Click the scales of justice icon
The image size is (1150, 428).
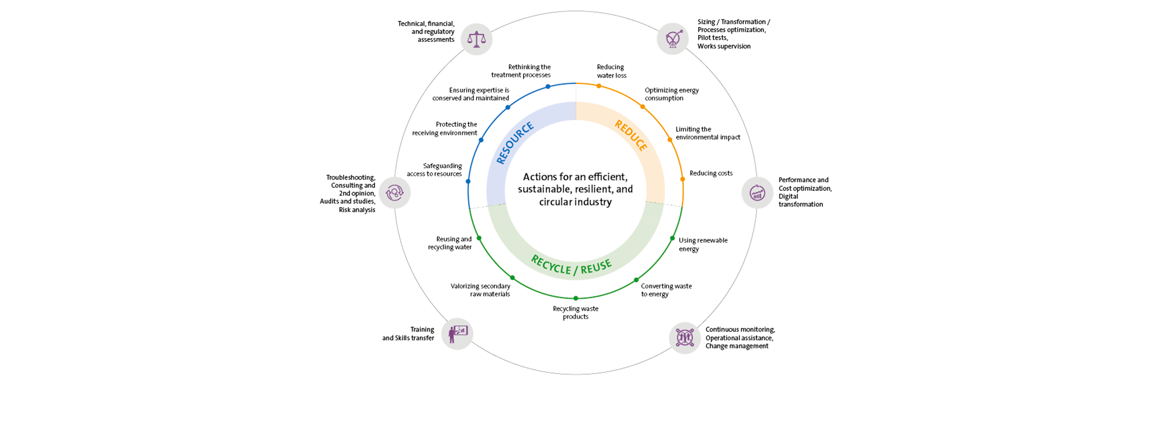(476, 39)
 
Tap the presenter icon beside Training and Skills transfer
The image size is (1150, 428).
(457, 334)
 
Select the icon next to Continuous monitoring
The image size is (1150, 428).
(685, 338)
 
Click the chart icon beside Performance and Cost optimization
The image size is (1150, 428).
(757, 192)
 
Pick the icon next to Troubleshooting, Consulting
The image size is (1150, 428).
(395, 192)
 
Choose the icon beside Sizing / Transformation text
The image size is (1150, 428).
(673, 39)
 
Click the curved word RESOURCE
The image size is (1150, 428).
(515, 143)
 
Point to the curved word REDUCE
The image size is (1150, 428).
(631, 135)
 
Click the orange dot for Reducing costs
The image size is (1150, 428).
(682, 179)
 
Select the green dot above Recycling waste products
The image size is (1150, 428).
(576, 298)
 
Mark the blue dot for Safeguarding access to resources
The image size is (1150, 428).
(468, 182)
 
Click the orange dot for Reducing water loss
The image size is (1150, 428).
(599, 86)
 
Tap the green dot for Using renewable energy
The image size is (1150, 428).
(672, 238)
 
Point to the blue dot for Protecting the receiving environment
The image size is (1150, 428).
(481, 140)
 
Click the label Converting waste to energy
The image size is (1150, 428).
(666, 290)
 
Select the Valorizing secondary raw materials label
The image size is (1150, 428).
(481, 290)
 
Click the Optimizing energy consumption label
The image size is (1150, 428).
(672, 94)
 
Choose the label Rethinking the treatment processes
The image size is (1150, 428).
(521, 70)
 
